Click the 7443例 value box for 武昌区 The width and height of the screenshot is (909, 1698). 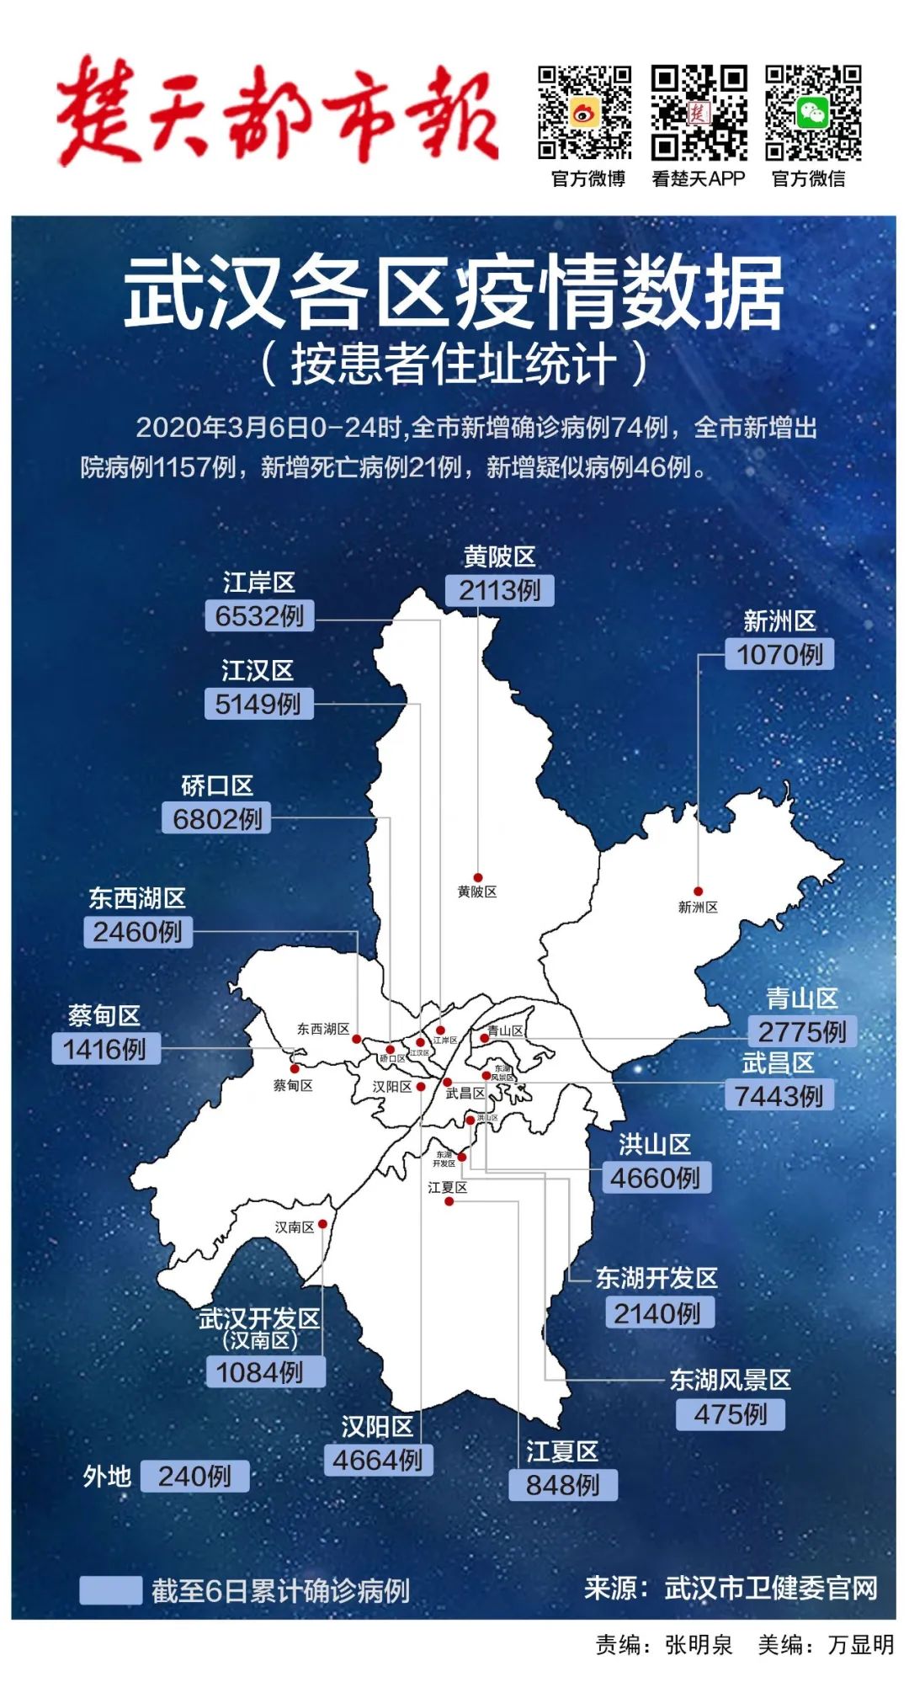click(779, 1096)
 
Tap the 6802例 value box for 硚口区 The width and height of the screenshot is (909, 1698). click(217, 818)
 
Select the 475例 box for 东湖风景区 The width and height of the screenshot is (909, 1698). click(731, 1413)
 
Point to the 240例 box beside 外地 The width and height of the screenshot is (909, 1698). click(194, 1476)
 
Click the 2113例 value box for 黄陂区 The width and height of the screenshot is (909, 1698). click(499, 590)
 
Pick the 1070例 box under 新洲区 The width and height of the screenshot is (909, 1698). click(779, 654)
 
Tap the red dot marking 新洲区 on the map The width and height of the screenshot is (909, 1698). click(698, 892)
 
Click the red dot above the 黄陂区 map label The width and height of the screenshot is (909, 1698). click(478, 878)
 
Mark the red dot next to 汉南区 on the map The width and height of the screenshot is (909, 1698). click(322, 1224)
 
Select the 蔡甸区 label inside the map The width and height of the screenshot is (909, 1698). click(293, 1086)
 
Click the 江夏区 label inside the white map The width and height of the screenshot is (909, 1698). click(447, 1188)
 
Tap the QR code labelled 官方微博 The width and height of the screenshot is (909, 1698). click(585, 113)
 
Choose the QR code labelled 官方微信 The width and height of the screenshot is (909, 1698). click(812, 113)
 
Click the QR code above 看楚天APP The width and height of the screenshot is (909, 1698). click(699, 113)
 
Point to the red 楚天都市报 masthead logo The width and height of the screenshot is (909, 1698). click(278, 111)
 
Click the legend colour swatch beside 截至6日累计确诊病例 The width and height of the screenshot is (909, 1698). click(110, 1590)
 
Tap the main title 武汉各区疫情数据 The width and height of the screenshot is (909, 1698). click(454, 294)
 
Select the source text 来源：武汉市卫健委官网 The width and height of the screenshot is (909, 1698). click(731, 1589)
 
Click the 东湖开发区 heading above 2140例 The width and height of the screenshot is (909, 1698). click(656, 1279)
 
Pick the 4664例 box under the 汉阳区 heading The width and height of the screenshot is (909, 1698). click(378, 1460)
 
